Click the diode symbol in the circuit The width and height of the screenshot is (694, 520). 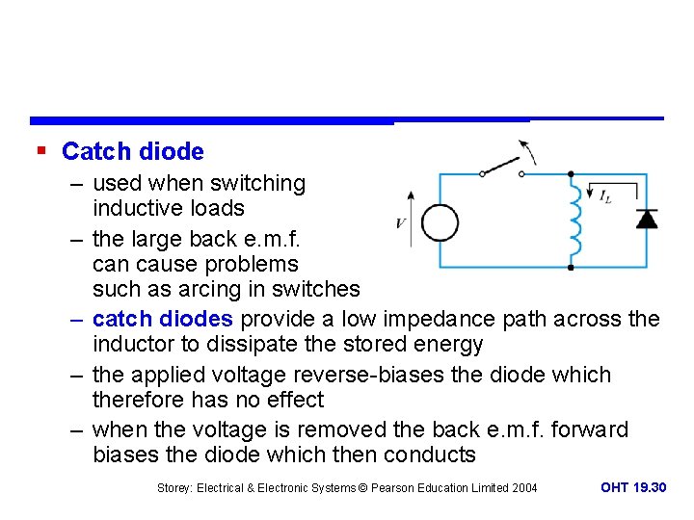[x=647, y=219]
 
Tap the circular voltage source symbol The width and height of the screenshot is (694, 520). [x=440, y=222]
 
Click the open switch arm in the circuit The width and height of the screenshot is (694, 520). [x=501, y=166]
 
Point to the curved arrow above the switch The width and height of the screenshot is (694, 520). [x=527, y=151]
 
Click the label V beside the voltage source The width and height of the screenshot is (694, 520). [x=400, y=223]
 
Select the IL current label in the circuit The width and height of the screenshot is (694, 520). [x=604, y=196]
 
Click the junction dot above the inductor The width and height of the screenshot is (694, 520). [x=571, y=174]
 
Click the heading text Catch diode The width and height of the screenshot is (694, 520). [x=132, y=151]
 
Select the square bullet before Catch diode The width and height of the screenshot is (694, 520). [x=40, y=151]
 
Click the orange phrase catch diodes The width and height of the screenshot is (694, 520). [x=163, y=319]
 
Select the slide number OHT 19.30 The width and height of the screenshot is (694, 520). [x=632, y=487]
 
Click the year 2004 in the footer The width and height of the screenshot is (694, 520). [x=523, y=488]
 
